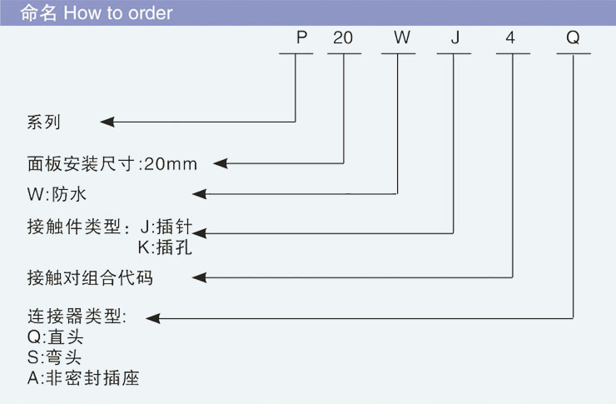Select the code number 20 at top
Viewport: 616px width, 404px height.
(x=343, y=38)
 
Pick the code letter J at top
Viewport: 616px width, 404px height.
(x=455, y=38)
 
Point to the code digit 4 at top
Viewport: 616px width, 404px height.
(x=511, y=38)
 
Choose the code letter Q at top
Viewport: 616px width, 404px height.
(x=573, y=38)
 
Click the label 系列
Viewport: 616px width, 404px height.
(x=44, y=122)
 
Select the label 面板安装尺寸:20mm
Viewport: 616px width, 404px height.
(x=112, y=163)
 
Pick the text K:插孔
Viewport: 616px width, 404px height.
(x=165, y=247)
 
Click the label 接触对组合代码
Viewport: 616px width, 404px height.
(x=90, y=277)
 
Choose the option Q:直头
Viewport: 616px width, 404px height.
(x=56, y=338)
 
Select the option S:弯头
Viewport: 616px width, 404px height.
(x=55, y=358)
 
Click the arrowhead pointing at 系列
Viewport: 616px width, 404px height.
(x=107, y=122)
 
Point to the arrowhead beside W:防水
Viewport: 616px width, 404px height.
(x=200, y=195)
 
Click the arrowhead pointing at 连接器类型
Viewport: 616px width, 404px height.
(x=154, y=317)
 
